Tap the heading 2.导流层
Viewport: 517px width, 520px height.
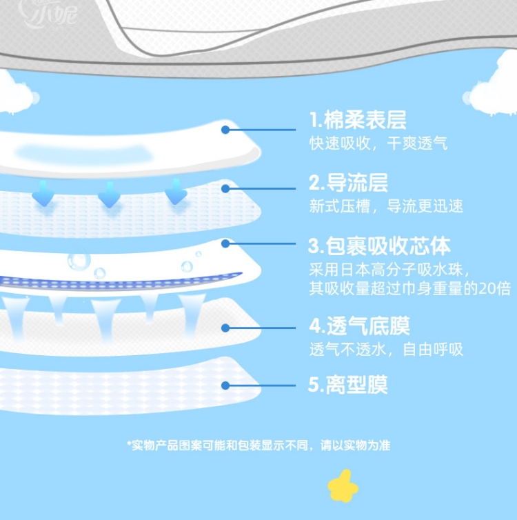pos(348,183)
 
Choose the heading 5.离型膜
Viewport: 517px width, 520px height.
pos(347,385)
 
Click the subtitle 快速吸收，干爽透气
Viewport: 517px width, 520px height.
pos(378,143)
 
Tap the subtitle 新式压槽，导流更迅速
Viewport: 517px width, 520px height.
pos(386,206)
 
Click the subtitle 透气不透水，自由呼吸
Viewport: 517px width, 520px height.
pos(386,349)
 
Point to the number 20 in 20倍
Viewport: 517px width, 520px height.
pos(487,288)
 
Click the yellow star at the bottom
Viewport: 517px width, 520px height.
pos(343,486)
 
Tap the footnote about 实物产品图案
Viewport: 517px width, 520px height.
pos(258,446)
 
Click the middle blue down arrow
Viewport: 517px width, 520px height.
pos(109,194)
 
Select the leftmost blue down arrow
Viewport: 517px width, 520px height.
pos(43,193)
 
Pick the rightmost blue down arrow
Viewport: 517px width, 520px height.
pos(176,192)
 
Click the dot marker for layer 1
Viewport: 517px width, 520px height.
pos(225,129)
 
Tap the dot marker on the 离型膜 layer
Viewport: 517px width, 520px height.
pos(225,386)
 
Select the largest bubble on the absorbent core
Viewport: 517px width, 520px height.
pos(79,260)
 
